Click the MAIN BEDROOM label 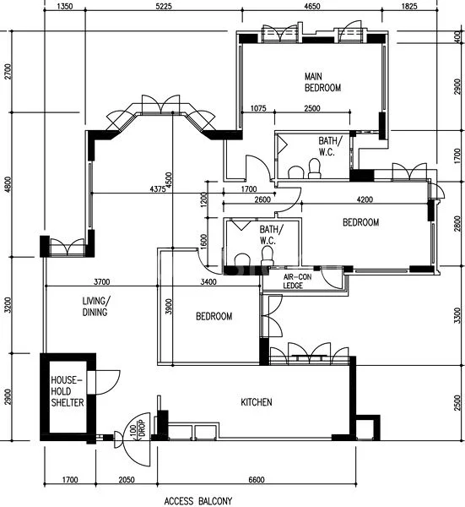point(322,82)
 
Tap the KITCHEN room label point(256,403)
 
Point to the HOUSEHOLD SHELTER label point(67,392)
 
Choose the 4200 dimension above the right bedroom point(365,200)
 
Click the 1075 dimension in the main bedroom point(259,108)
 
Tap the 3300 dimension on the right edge point(457,316)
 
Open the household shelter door point(106,381)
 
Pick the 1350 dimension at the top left point(68,7)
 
